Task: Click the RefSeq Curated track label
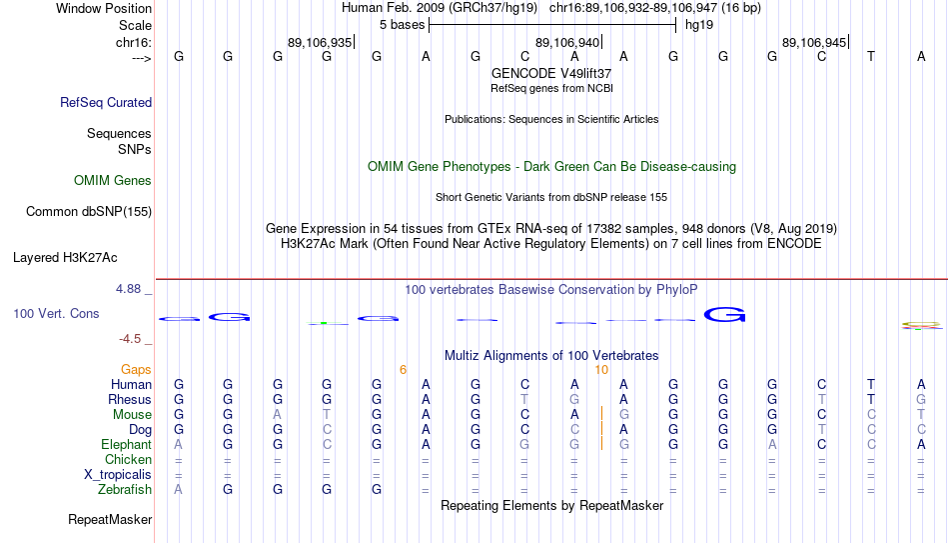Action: click(106, 102)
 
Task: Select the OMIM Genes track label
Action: click(113, 181)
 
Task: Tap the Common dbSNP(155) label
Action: click(89, 212)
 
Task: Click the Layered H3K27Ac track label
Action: click(65, 258)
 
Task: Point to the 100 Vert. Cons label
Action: click(56, 313)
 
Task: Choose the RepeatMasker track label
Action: click(110, 519)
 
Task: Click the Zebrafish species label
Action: click(125, 489)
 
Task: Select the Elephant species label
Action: click(127, 444)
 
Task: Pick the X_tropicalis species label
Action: click(118, 475)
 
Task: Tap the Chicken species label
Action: click(128, 459)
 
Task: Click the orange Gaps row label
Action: click(136, 370)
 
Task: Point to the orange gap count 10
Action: click(601, 370)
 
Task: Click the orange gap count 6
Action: click(404, 370)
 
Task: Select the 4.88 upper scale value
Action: click(128, 289)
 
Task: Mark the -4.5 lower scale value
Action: click(130, 339)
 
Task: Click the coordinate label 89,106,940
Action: click(567, 42)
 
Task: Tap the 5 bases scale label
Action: click(402, 25)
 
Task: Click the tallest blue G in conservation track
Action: click(724, 315)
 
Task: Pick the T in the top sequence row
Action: click(871, 56)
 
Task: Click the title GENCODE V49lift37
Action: click(551, 73)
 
